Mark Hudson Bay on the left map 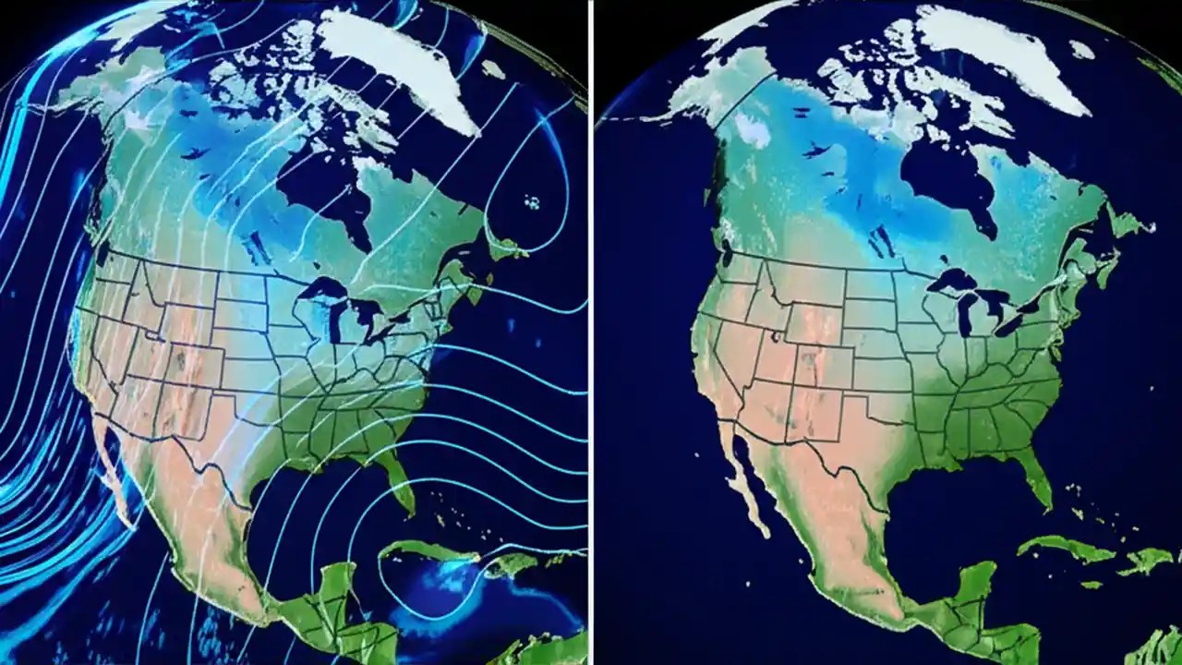pyautogui.click(x=319, y=185)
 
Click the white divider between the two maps pyautogui.click(x=591, y=332)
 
